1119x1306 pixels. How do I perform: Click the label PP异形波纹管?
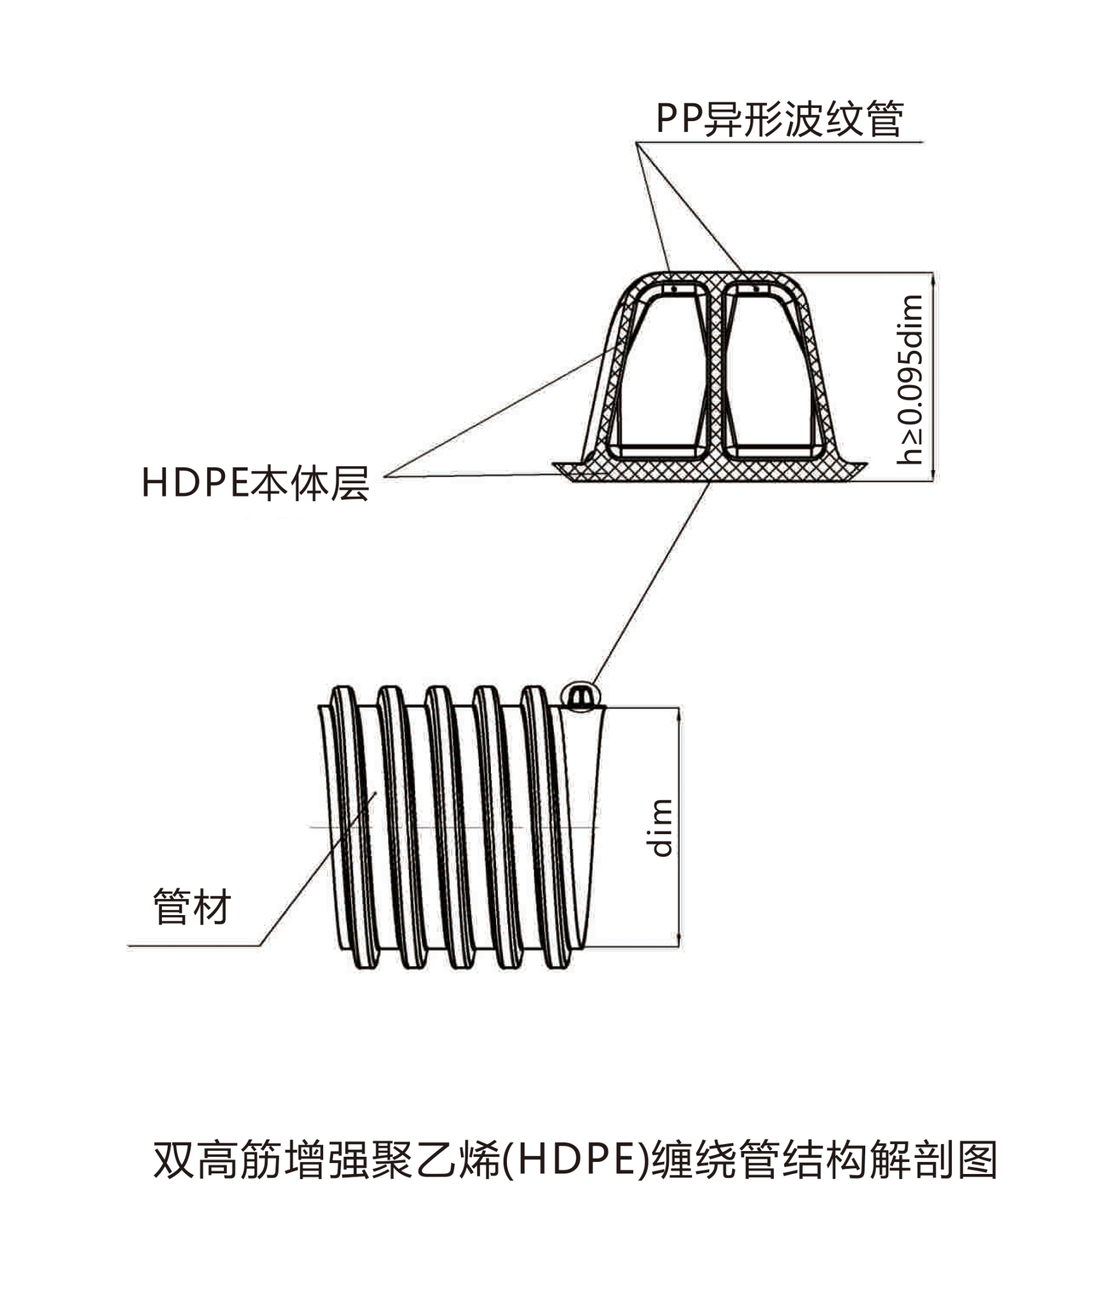[x=779, y=119]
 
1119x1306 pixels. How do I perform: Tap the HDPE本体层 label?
[x=255, y=483]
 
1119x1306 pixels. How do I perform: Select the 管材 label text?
[x=191, y=907]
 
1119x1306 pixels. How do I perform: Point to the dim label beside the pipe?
[x=662, y=828]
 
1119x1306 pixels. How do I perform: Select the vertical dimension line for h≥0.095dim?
[x=933, y=376]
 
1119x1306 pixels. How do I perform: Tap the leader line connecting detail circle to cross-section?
[x=650, y=583]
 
